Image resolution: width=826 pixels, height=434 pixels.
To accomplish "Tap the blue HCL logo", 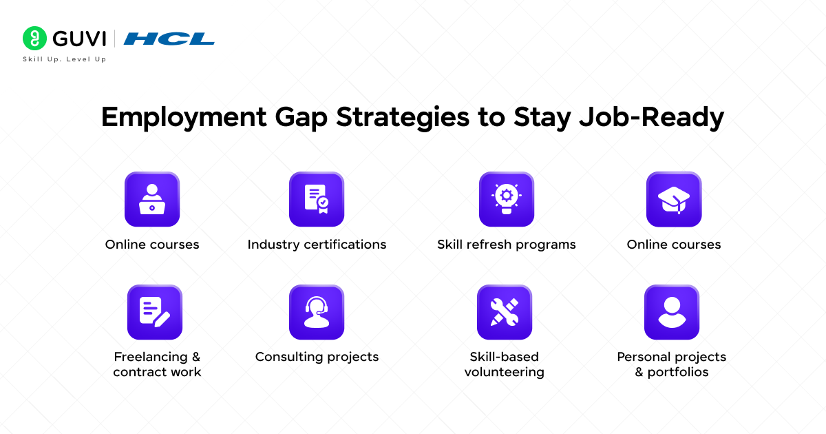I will (169, 39).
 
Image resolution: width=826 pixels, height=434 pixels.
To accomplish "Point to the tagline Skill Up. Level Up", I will (65, 59).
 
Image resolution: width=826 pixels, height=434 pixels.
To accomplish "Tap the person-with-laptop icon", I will (152, 200).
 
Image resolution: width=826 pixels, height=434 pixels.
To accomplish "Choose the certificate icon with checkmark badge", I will (317, 200).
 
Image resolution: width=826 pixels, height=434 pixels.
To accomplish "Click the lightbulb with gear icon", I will (506, 200).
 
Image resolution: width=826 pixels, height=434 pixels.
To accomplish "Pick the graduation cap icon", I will (674, 200).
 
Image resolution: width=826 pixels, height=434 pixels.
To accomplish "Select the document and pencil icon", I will (155, 312).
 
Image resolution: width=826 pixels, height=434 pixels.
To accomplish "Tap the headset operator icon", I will (317, 312).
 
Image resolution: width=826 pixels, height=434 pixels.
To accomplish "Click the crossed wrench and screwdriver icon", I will (505, 312).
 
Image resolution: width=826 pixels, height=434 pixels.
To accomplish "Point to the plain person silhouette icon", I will (672, 312).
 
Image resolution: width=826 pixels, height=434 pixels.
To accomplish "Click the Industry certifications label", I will (317, 245).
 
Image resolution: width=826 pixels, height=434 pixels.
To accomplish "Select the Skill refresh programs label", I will (506, 245).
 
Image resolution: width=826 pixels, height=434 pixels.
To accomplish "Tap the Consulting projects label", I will (317, 357).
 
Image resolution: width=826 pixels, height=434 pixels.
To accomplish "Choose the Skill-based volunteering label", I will (505, 364).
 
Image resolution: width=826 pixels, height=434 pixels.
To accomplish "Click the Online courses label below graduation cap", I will (674, 245).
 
